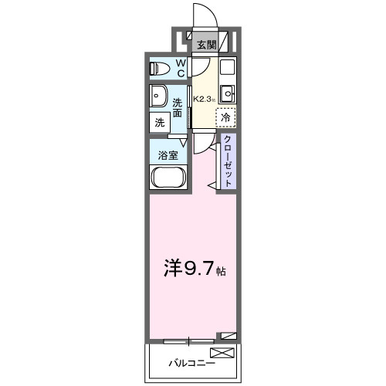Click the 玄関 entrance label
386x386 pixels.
[205, 45]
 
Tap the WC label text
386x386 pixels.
[179, 69]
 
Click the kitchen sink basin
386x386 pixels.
[226, 95]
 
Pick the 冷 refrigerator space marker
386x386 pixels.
[225, 118]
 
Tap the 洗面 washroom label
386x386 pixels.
[177, 108]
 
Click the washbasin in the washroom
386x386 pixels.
[160, 97]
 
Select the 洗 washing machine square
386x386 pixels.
[159, 122]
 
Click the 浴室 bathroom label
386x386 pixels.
[168, 154]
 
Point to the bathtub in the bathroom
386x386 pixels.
[167, 180]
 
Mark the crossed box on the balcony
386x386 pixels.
[221, 354]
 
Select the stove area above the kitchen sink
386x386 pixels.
[226, 67]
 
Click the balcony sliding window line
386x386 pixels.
[189, 340]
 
